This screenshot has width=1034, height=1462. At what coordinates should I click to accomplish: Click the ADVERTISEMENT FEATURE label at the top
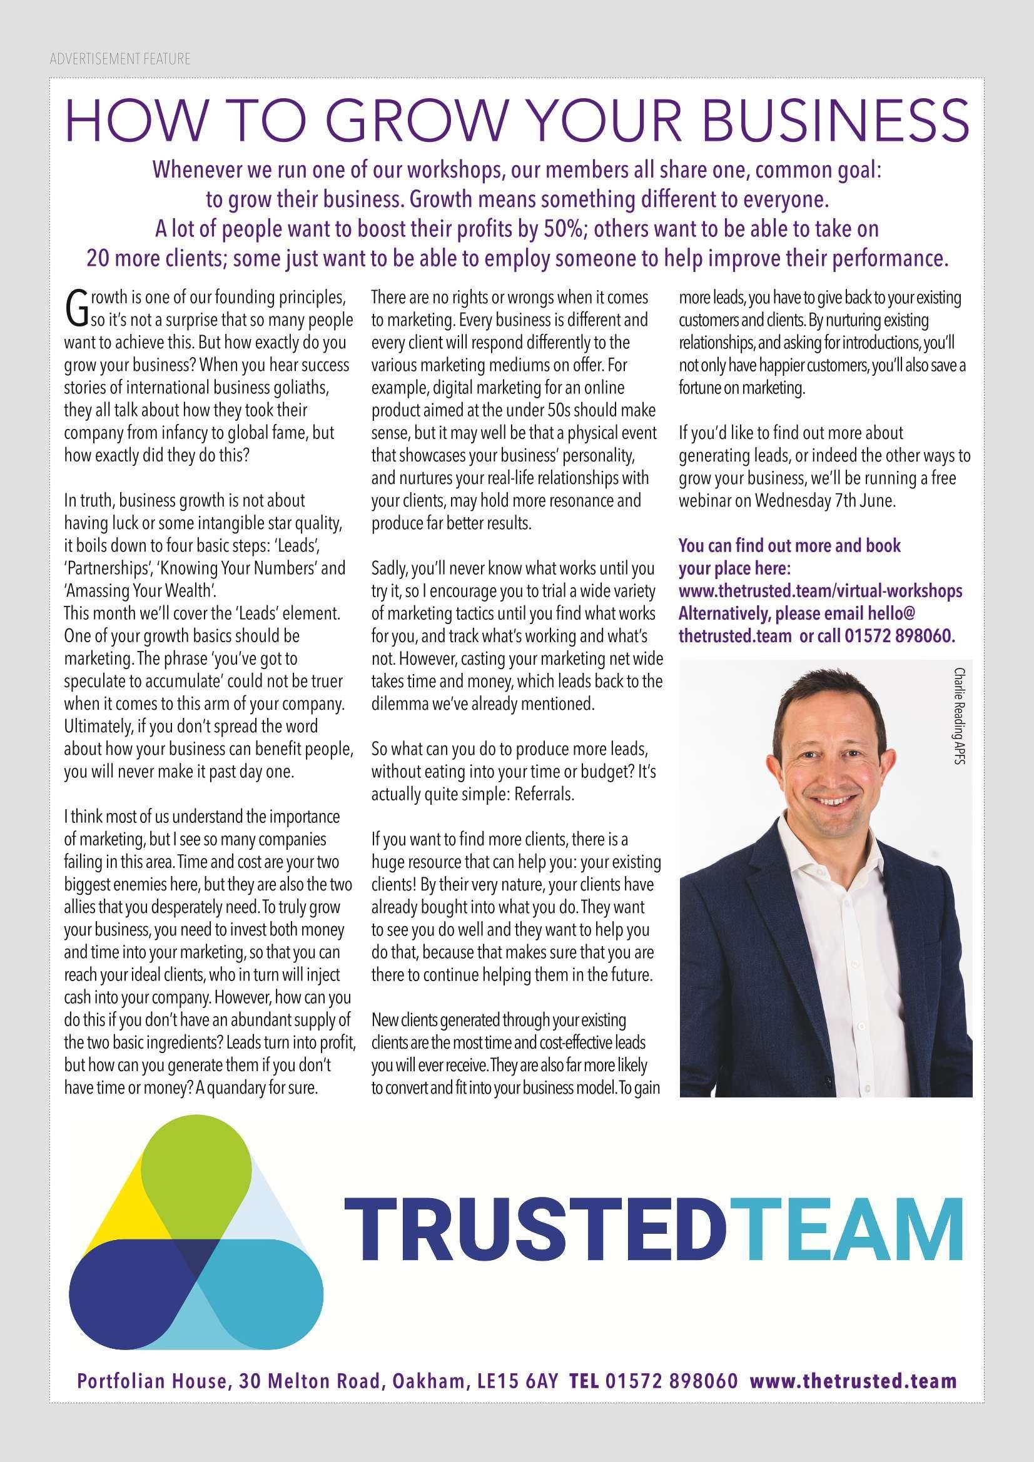(119, 60)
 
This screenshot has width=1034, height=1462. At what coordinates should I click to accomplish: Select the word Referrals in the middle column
(549, 795)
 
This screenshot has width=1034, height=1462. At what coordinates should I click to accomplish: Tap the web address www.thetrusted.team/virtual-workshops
(820, 591)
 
